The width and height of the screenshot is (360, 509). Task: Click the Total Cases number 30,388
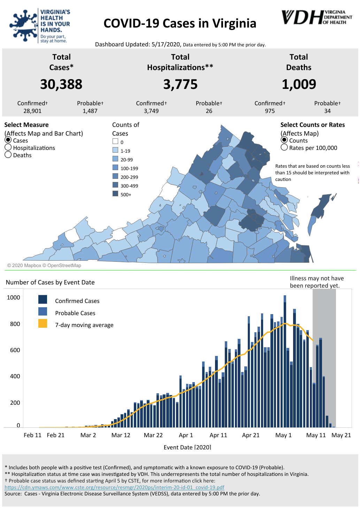(x=61, y=84)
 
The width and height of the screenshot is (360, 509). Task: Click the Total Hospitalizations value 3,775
(x=180, y=84)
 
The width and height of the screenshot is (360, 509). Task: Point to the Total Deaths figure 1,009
(x=299, y=84)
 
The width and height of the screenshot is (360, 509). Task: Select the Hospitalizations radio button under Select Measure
(x=8, y=147)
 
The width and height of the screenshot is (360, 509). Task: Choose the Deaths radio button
(x=8, y=155)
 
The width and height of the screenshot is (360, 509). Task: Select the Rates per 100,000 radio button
(x=284, y=147)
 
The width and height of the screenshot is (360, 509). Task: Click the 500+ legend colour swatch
(x=115, y=194)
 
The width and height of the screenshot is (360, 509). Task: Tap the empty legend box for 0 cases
(x=115, y=142)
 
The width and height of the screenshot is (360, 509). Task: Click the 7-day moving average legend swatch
(x=43, y=324)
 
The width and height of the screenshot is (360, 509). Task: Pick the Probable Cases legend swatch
(x=43, y=311)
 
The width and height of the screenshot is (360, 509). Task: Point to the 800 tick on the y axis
(x=15, y=324)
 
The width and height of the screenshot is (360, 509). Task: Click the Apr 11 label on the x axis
(x=218, y=435)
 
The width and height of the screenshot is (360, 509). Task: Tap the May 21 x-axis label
(x=341, y=435)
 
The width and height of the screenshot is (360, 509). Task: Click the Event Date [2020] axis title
(x=187, y=447)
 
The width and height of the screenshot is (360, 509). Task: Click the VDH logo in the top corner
(x=316, y=17)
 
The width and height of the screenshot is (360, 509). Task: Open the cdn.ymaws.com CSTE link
(x=114, y=487)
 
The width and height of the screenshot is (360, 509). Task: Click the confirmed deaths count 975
(x=270, y=111)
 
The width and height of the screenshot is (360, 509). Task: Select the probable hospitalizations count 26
(x=209, y=111)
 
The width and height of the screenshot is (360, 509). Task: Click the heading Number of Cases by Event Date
(x=50, y=282)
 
